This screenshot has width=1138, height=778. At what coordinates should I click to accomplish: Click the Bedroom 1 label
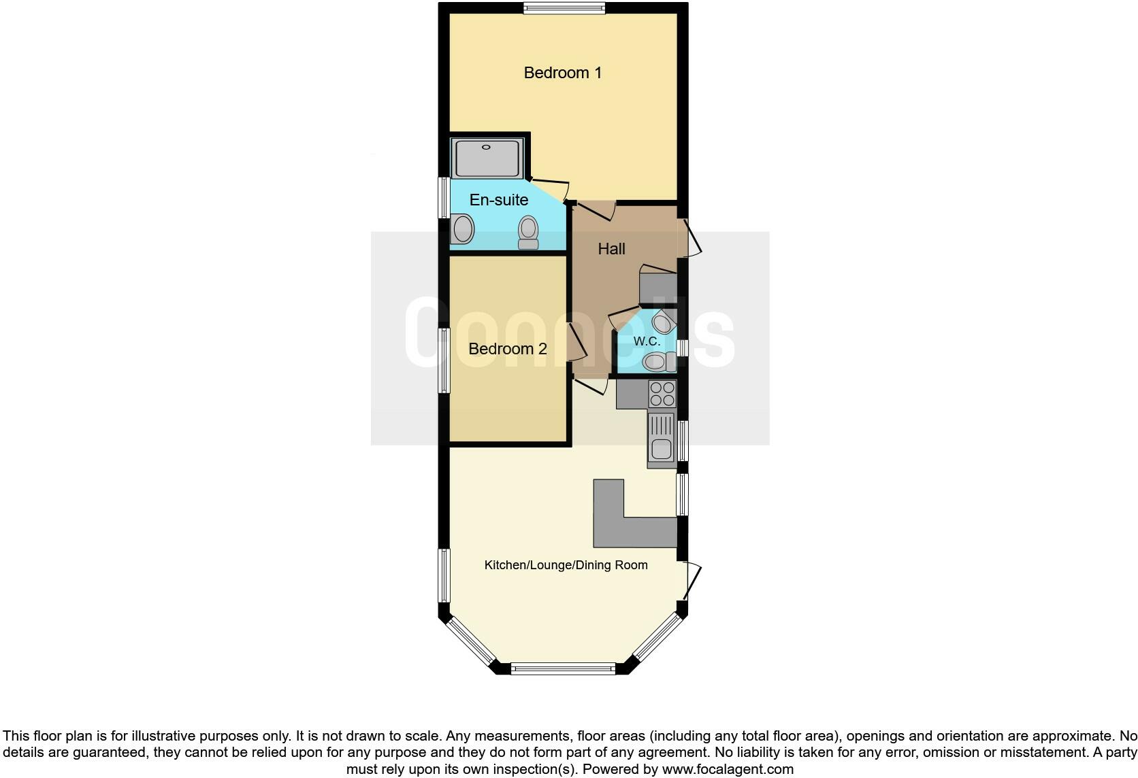click(562, 73)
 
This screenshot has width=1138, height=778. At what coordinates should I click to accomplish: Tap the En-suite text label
click(499, 200)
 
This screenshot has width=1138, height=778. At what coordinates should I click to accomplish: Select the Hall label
click(611, 249)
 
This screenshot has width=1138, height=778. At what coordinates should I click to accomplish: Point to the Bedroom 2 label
click(508, 349)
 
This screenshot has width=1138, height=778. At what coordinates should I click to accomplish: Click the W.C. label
click(647, 341)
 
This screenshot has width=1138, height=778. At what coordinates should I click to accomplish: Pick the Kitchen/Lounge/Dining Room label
click(566, 565)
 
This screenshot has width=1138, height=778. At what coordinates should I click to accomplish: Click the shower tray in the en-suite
click(487, 158)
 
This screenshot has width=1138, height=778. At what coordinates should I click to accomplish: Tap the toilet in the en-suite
click(528, 233)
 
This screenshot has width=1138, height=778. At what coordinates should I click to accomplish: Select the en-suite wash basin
click(463, 229)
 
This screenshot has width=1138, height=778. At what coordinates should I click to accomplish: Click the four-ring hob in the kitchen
click(662, 394)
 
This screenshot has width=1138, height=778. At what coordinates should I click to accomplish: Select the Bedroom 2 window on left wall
click(444, 360)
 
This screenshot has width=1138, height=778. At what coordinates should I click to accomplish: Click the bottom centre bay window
click(563, 669)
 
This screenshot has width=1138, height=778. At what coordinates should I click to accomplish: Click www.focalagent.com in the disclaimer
click(727, 770)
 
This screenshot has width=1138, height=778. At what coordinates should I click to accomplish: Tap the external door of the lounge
click(692, 582)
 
